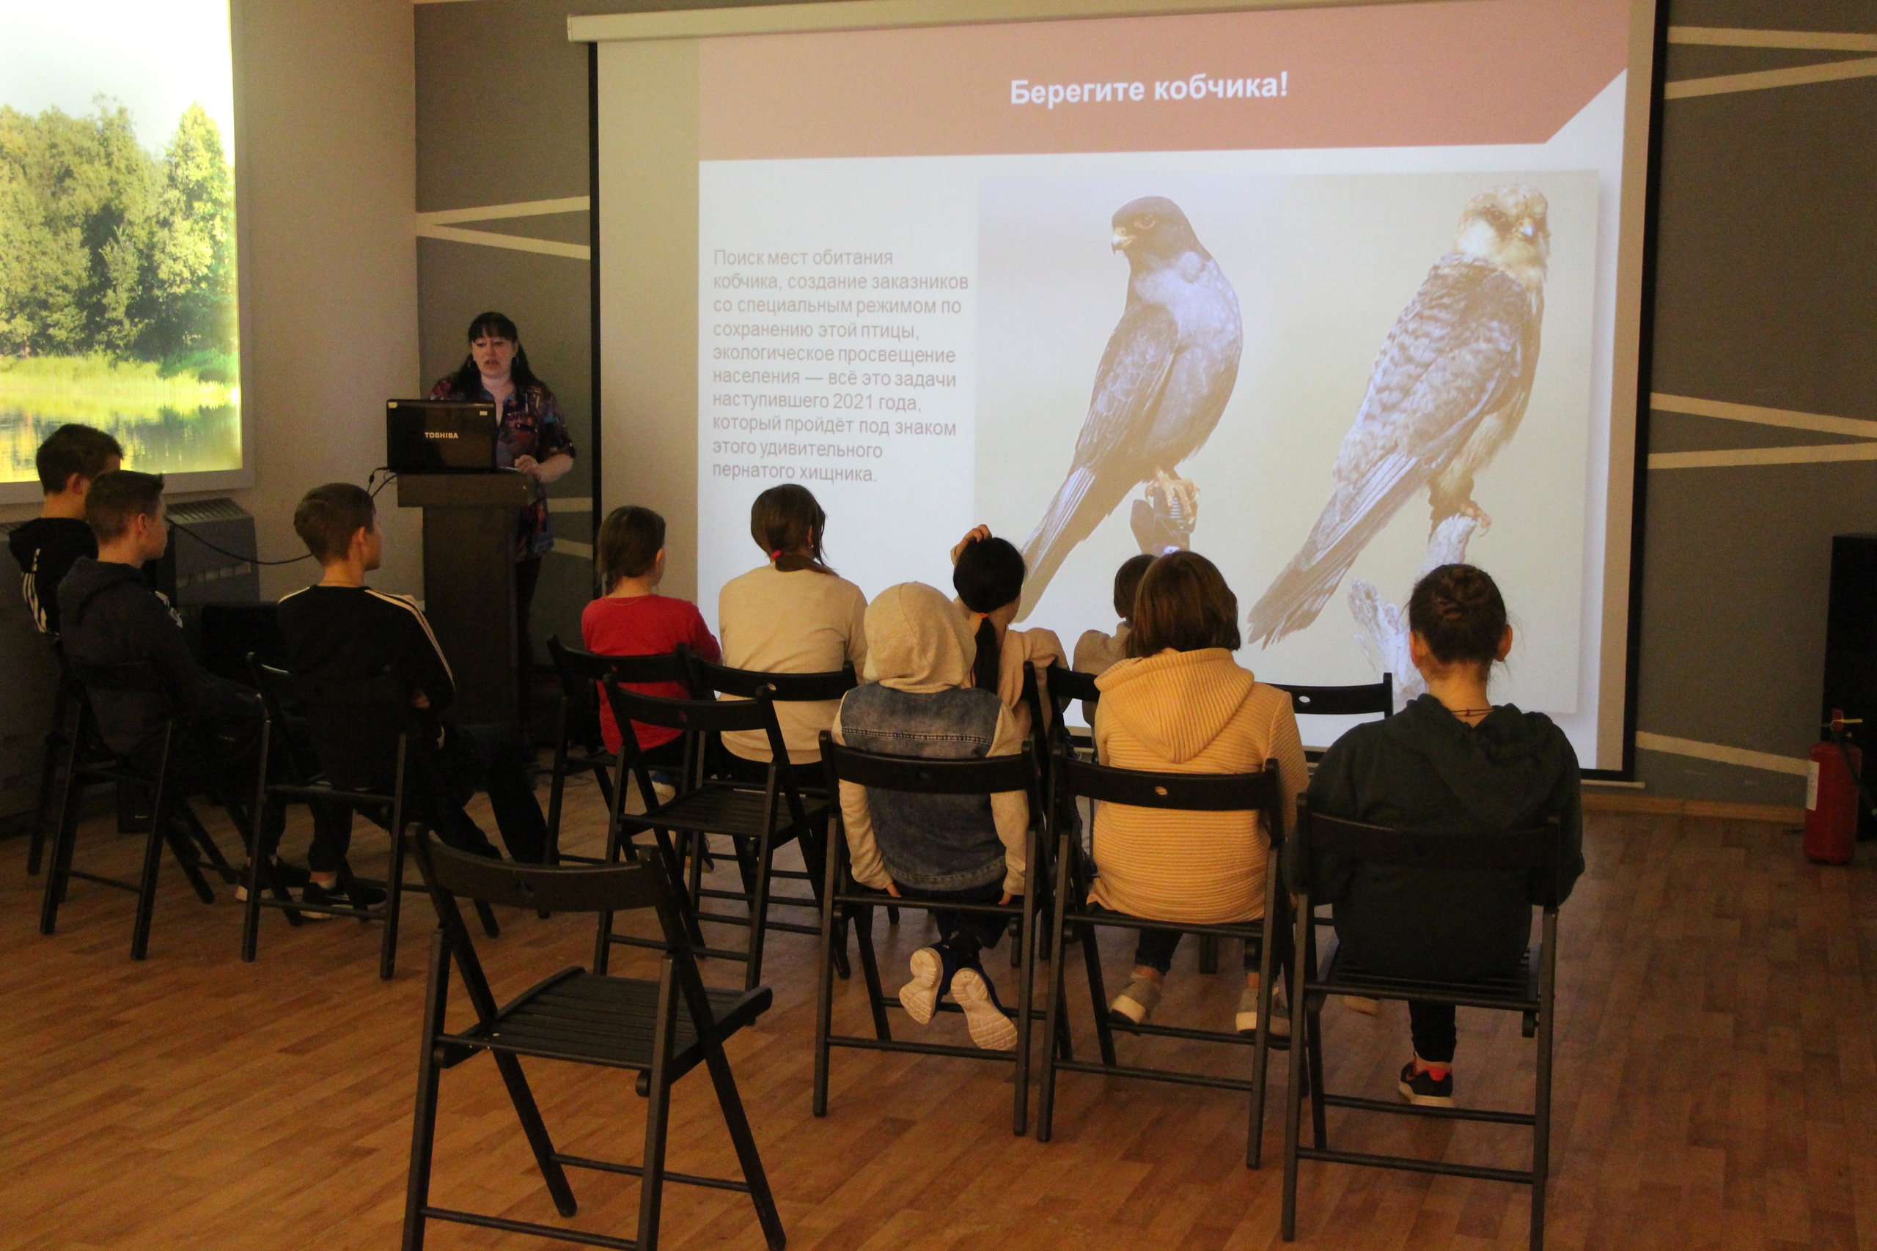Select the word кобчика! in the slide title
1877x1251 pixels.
pyautogui.click(x=1219, y=89)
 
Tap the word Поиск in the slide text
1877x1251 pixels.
pyautogui.click(x=738, y=257)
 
